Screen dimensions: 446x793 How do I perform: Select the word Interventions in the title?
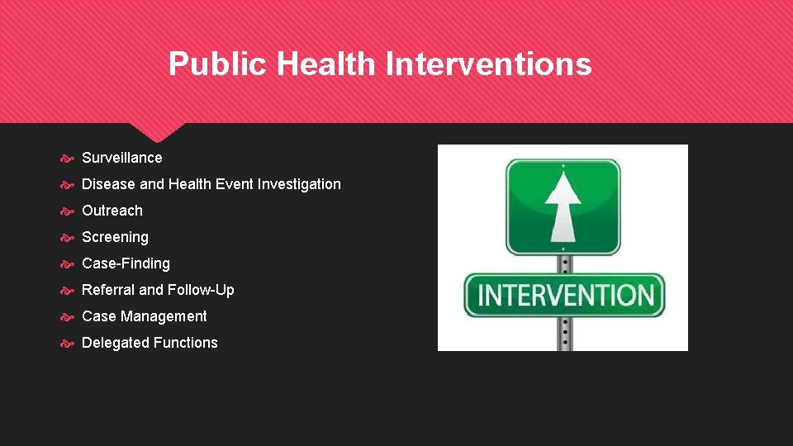489,64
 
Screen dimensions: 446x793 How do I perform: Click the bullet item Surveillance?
122,158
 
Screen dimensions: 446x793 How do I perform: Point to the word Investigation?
299,184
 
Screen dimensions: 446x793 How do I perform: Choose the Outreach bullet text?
112,211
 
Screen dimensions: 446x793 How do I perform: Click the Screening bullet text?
116,237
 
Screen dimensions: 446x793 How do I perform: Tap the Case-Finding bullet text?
126,263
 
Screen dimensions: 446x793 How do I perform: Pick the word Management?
164,316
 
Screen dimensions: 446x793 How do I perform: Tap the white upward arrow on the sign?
563,206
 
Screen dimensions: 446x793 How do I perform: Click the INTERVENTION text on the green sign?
565,295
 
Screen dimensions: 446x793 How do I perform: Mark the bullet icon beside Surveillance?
69,158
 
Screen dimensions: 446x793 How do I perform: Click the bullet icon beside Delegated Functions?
69,343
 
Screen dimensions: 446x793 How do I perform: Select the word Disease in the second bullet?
108,184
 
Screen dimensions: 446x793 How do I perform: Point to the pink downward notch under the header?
158,131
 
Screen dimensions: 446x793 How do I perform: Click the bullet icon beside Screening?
69,237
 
